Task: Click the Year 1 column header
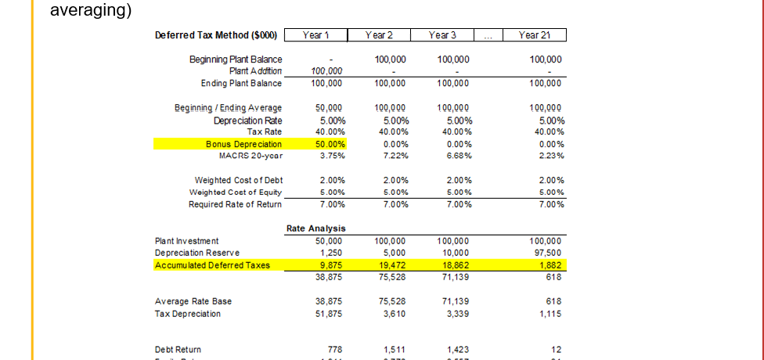click(x=314, y=35)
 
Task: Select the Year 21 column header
click(x=535, y=35)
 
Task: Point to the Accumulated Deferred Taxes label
click(x=212, y=265)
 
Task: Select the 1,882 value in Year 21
click(x=551, y=265)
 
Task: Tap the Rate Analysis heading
click(x=315, y=229)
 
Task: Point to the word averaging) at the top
click(x=90, y=11)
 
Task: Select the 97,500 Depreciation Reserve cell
click(x=546, y=253)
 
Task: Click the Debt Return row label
click(x=178, y=349)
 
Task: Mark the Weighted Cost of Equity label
click(x=236, y=193)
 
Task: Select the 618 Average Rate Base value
click(x=554, y=301)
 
